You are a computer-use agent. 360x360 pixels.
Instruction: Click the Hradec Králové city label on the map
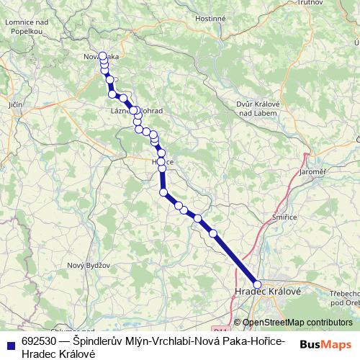point(268,290)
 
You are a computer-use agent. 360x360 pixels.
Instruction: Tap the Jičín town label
point(15,105)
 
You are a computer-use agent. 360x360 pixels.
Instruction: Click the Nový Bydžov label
point(85,265)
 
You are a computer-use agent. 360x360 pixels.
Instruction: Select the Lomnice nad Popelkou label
point(26,27)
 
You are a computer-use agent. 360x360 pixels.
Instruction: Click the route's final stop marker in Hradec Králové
point(258,284)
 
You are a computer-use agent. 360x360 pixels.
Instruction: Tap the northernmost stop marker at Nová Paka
point(103,55)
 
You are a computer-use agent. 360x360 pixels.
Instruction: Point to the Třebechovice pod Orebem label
point(343,298)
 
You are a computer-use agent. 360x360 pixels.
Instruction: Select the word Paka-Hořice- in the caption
point(255,341)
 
